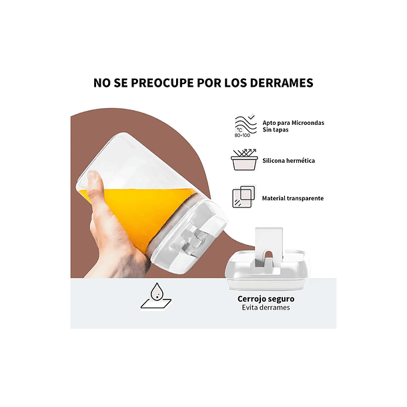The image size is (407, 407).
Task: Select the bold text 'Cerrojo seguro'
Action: tap(266, 298)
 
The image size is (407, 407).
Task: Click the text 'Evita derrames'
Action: tap(266, 308)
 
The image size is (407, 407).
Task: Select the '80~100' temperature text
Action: tap(242, 135)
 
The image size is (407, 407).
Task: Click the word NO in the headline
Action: tap(101, 84)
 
